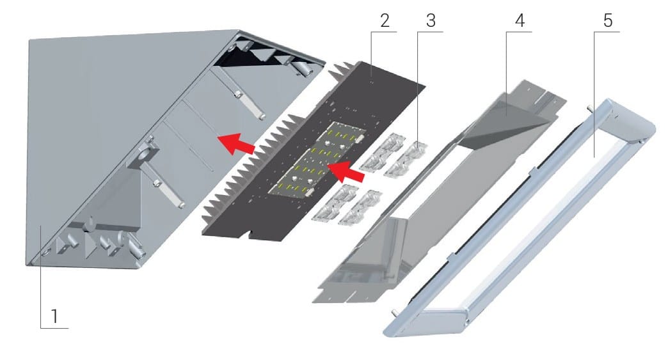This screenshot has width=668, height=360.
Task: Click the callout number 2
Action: click(385, 20)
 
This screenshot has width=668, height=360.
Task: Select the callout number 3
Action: click(431, 20)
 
